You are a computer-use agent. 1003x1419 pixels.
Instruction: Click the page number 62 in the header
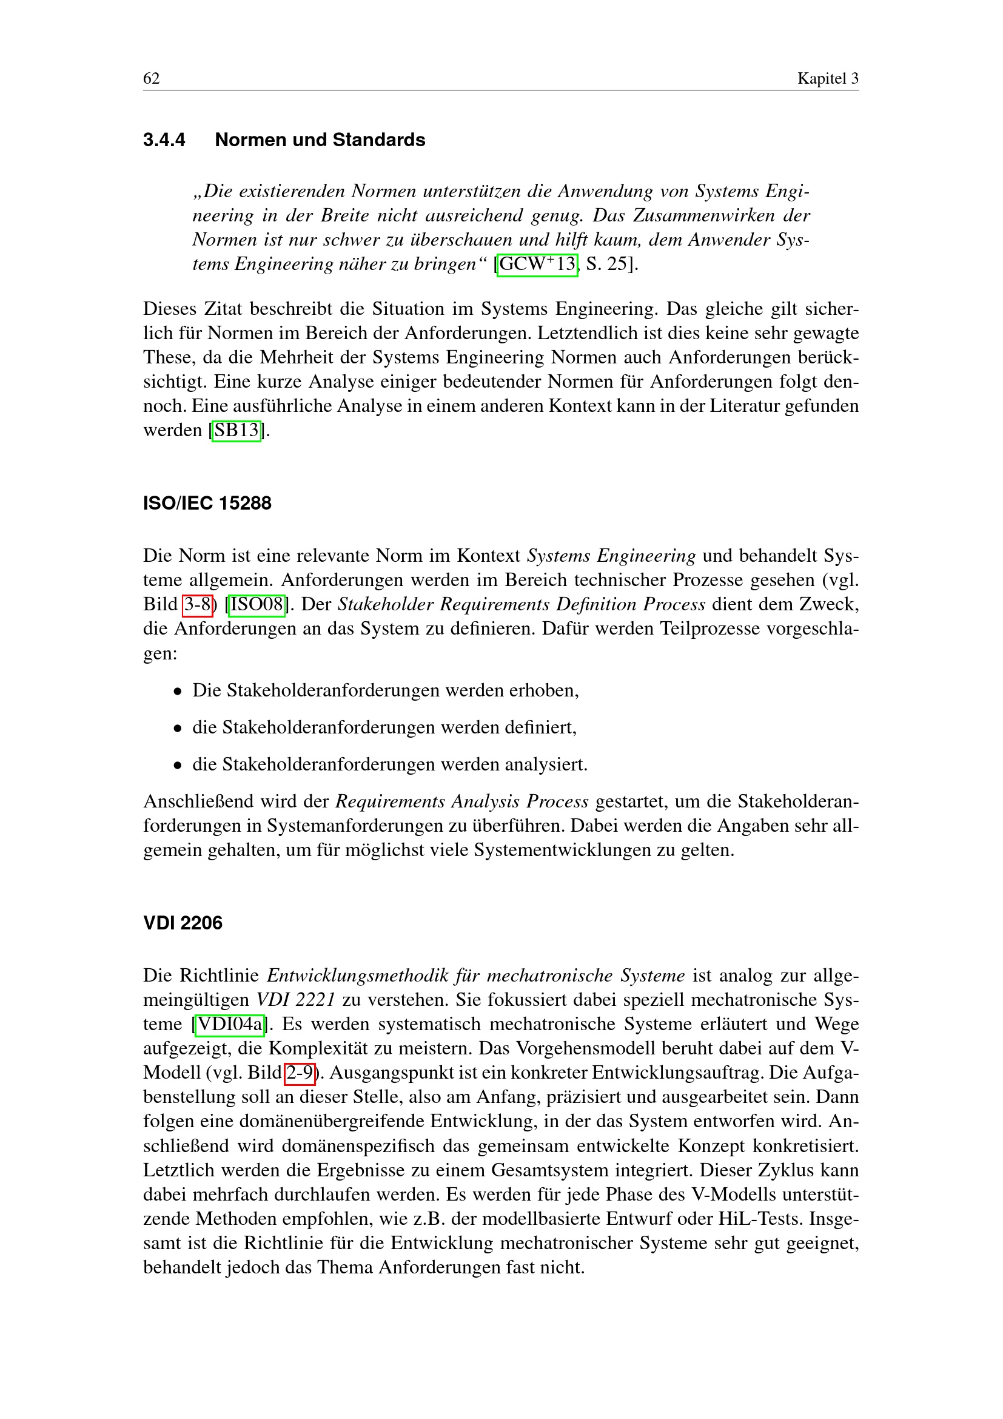152,78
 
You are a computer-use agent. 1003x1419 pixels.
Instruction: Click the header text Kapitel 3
828,78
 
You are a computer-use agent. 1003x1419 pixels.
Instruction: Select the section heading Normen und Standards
320,140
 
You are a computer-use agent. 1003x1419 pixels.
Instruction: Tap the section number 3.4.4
164,140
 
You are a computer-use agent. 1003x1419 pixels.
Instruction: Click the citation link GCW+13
537,265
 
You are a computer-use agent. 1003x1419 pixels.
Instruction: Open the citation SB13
236,430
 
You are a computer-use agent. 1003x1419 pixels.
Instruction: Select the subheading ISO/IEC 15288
207,503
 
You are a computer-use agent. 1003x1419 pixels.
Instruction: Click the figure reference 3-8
198,604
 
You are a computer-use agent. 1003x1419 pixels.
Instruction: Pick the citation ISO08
257,604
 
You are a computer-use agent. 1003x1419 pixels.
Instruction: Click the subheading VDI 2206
183,923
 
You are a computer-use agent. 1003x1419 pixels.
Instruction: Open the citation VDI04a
229,1024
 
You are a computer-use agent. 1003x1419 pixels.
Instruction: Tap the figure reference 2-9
300,1073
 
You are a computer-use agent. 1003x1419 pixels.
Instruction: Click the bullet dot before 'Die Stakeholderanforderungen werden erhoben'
178,692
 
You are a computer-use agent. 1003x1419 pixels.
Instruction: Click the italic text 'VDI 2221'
296,1000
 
